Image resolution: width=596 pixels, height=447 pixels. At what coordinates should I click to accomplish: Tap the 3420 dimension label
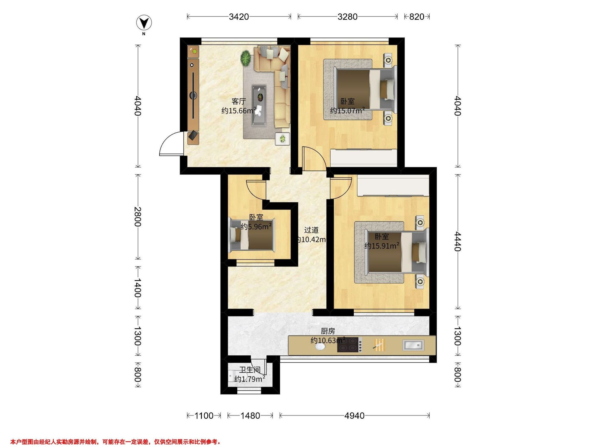point(239,17)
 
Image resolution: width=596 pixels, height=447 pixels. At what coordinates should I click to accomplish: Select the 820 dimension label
point(416,17)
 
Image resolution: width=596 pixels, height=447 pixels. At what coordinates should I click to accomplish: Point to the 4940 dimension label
point(354,416)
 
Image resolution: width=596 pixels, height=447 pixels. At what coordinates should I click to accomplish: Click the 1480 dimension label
point(250,416)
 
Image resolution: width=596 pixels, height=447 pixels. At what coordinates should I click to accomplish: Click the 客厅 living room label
point(239,102)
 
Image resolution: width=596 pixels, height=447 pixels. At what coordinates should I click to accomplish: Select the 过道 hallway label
point(311,230)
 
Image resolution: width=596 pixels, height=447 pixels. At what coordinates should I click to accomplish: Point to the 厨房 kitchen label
point(328,331)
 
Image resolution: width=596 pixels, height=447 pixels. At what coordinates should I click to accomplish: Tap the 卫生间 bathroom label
point(250,370)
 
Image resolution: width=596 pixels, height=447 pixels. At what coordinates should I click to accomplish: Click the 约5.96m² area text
point(256,226)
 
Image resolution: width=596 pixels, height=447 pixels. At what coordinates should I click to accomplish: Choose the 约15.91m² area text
point(382,246)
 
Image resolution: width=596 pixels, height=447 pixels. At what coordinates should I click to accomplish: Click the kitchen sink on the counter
point(413,345)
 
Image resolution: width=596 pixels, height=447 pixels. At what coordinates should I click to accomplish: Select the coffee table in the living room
point(259,105)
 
